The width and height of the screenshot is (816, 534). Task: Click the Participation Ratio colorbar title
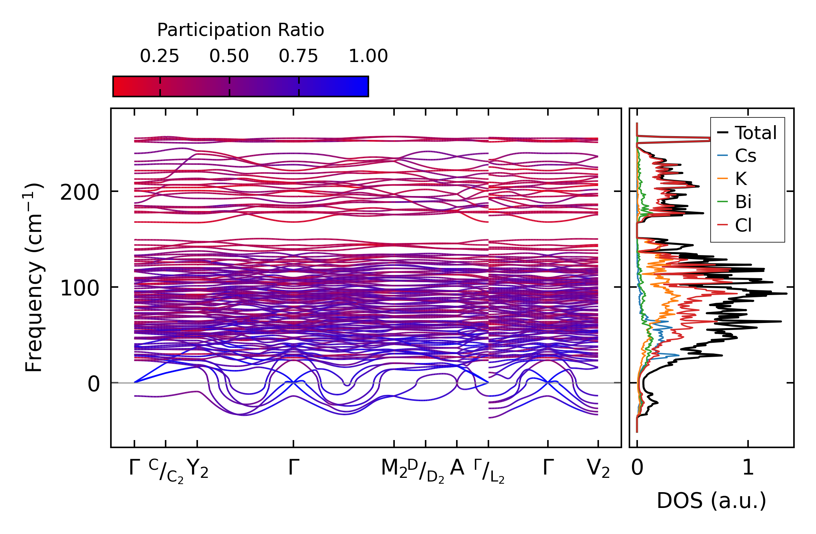pyautogui.click(x=241, y=30)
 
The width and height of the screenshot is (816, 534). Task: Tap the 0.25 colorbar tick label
pyautogui.click(x=159, y=57)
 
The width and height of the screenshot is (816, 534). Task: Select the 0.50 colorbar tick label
pyautogui.click(x=229, y=57)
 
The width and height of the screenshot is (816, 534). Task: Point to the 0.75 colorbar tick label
pyautogui.click(x=298, y=57)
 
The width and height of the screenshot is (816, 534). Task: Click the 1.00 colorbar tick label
pyautogui.click(x=368, y=57)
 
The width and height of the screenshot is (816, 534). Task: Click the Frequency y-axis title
pyautogui.click(x=34, y=277)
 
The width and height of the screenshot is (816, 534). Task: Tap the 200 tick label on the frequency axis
pyautogui.click(x=80, y=192)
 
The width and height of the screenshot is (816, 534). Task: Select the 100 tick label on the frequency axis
pyautogui.click(x=80, y=288)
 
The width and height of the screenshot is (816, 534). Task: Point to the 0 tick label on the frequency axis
pyautogui.click(x=93, y=384)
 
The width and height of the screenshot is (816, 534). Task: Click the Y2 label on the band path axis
pyautogui.click(x=198, y=469)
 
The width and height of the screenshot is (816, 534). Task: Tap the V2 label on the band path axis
pyautogui.click(x=598, y=469)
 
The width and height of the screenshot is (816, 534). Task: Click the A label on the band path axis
pyautogui.click(x=457, y=468)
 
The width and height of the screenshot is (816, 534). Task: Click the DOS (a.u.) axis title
pyautogui.click(x=711, y=501)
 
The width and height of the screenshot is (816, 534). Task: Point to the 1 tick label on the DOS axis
pyautogui.click(x=748, y=468)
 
